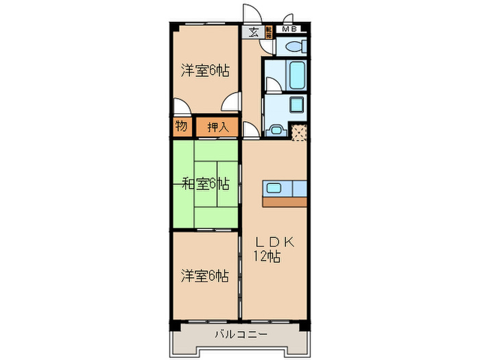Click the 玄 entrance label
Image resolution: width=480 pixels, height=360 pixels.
pos(253,31)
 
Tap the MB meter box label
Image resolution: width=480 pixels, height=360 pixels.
pos(291,29)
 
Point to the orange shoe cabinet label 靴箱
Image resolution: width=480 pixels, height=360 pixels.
pos(269,32)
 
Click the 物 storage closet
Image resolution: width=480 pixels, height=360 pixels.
pos(180,126)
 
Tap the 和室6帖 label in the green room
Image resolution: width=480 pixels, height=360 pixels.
pos(205,183)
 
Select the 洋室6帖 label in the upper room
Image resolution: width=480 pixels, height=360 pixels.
pos(205,70)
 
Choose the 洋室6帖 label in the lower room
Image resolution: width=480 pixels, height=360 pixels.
pos(205,276)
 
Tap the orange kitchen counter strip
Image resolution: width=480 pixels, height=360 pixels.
pos(285,202)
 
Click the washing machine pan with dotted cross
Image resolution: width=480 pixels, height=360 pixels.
pos(299,132)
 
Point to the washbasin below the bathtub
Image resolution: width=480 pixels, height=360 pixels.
pos(297,106)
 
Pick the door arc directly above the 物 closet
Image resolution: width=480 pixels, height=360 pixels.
pos(182,107)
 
